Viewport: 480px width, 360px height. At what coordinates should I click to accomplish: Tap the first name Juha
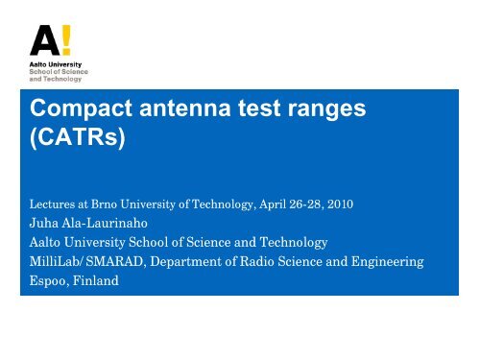[44, 226]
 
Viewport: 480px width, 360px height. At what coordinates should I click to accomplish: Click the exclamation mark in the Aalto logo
[65, 38]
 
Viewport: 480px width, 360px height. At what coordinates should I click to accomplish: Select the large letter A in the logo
[43, 39]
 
